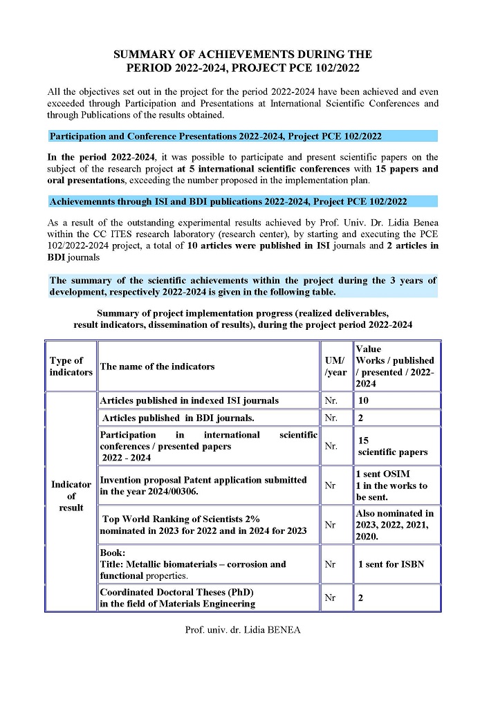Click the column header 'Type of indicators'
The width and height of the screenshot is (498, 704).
[x=71, y=366]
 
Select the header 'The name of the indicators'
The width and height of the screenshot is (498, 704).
[x=157, y=367]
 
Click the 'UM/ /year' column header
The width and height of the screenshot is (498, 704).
[x=336, y=367]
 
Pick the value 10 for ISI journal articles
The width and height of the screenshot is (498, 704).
[x=363, y=400]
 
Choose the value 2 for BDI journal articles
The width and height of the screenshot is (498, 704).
[x=360, y=418]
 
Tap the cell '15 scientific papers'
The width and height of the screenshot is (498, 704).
[x=392, y=446]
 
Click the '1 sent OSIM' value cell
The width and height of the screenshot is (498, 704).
[x=382, y=474]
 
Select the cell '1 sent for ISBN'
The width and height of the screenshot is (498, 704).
[x=391, y=564]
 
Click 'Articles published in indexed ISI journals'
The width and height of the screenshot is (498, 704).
[x=189, y=400]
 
